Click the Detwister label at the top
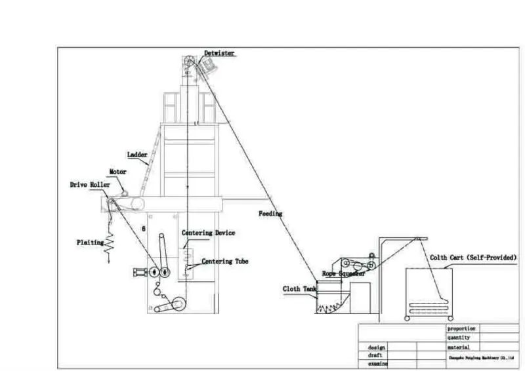pos(219,53)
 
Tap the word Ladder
pos(137,155)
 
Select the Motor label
pos(117,172)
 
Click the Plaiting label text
pos(90,243)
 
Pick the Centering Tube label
pos(225,262)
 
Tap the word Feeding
pos(270,214)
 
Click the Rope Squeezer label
pos(343,273)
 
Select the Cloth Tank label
pos(300,288)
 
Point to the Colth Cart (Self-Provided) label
pos(472,258)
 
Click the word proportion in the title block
pos(461,328)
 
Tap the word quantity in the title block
pos(459,338)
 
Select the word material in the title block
pos(459,347)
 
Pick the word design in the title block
pos(377,347)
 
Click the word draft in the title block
pos(375,355)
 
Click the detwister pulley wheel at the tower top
pos(188,64)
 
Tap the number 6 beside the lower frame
pos(143,229)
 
